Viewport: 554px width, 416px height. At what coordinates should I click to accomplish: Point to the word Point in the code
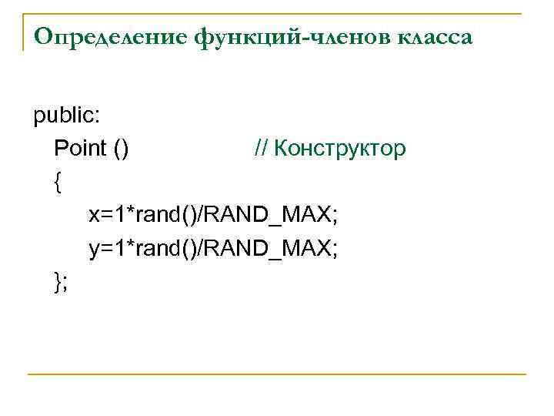click(80, 148)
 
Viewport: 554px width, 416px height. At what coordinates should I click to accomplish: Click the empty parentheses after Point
click(121, 148)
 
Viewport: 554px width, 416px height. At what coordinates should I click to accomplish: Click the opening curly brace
click(58, 182)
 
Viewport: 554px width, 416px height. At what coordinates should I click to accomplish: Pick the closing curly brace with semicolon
click(61, 282)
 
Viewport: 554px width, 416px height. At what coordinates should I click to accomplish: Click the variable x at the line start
click(94, 215)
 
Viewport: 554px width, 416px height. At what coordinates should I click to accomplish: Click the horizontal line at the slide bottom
click(277, 374)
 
